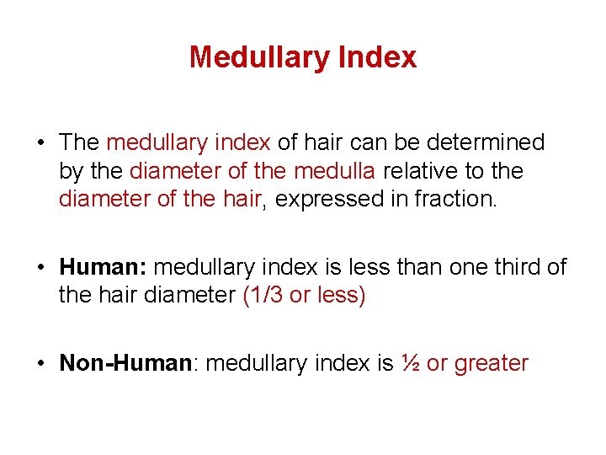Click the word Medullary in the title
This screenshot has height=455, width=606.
tap(258, 57)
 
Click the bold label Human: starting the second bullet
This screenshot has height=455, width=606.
tap(104, 267)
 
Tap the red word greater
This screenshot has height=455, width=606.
tap(491, 363)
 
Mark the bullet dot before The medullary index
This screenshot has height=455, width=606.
tap(40, 143)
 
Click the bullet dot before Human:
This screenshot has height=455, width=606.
tap(40, 268)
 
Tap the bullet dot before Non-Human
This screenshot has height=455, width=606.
tap(40, 364)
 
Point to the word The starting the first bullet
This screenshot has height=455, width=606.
tap(79, 142)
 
